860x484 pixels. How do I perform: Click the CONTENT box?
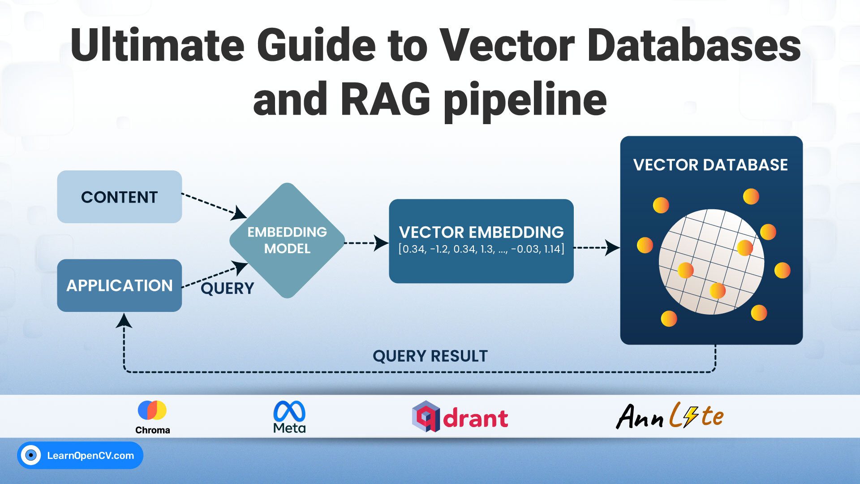(119, 197)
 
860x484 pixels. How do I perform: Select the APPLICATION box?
(119, 285)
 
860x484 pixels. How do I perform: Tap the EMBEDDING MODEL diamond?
(287, 240)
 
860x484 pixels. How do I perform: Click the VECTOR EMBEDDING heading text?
(481, 232)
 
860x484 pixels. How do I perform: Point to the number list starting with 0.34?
(481, 249)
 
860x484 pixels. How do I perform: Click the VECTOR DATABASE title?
(710, 165)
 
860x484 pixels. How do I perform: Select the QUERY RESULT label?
(430, 356)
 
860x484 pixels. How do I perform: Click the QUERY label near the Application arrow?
(227, 288)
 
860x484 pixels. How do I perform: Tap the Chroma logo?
(152, 417)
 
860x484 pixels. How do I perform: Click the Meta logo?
(289, 417)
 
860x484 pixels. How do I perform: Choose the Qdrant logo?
(460, 417)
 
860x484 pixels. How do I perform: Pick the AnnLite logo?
(670, 416)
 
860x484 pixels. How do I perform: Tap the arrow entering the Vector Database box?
(598, 247)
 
